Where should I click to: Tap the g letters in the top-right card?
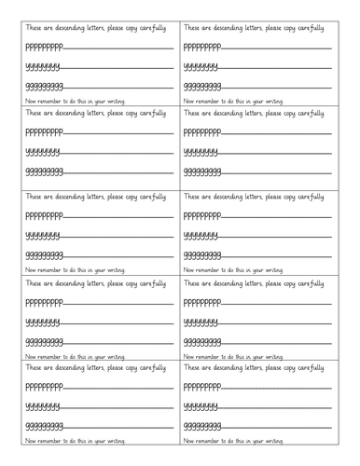(203, 87)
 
